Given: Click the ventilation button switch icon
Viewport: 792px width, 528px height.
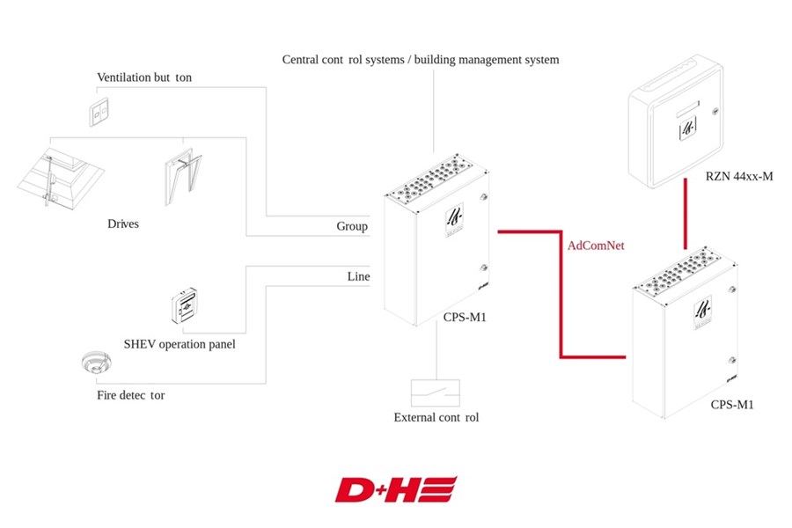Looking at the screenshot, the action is tap(99, 111).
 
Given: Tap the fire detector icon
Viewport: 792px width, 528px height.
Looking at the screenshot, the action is tap(96, 362).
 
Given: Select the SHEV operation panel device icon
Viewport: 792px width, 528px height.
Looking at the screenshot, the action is tap(184, 305).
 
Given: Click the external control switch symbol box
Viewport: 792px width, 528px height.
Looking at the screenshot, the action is tap(436, 393).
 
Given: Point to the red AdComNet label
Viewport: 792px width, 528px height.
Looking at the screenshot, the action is tap(596, 246).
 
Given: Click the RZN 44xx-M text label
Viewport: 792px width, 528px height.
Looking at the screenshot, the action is tap(739, 176).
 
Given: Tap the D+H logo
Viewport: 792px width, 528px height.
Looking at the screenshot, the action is tap(396, 489).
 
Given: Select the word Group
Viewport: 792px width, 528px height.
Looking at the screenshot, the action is tap(352, 226).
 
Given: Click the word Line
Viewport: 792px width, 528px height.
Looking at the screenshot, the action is tap(359, 276).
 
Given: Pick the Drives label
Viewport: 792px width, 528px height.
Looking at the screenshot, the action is tap(122, 224).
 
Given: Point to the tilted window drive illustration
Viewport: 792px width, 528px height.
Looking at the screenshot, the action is tap(183, 177).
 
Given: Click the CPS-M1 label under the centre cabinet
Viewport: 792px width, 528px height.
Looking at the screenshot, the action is tap(465, 318).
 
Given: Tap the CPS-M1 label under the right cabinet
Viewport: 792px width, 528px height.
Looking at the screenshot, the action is tap(732, 405).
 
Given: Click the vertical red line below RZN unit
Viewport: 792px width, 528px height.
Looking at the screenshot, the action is tap(685, 214).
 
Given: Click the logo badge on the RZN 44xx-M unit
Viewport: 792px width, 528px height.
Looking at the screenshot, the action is tap(688, 128).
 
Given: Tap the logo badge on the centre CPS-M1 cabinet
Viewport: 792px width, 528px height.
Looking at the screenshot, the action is tap(454, 220).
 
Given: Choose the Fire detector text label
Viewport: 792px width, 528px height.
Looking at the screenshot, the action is tap(131, 395).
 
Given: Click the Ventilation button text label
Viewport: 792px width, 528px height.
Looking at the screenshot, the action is tap(144, 77).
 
